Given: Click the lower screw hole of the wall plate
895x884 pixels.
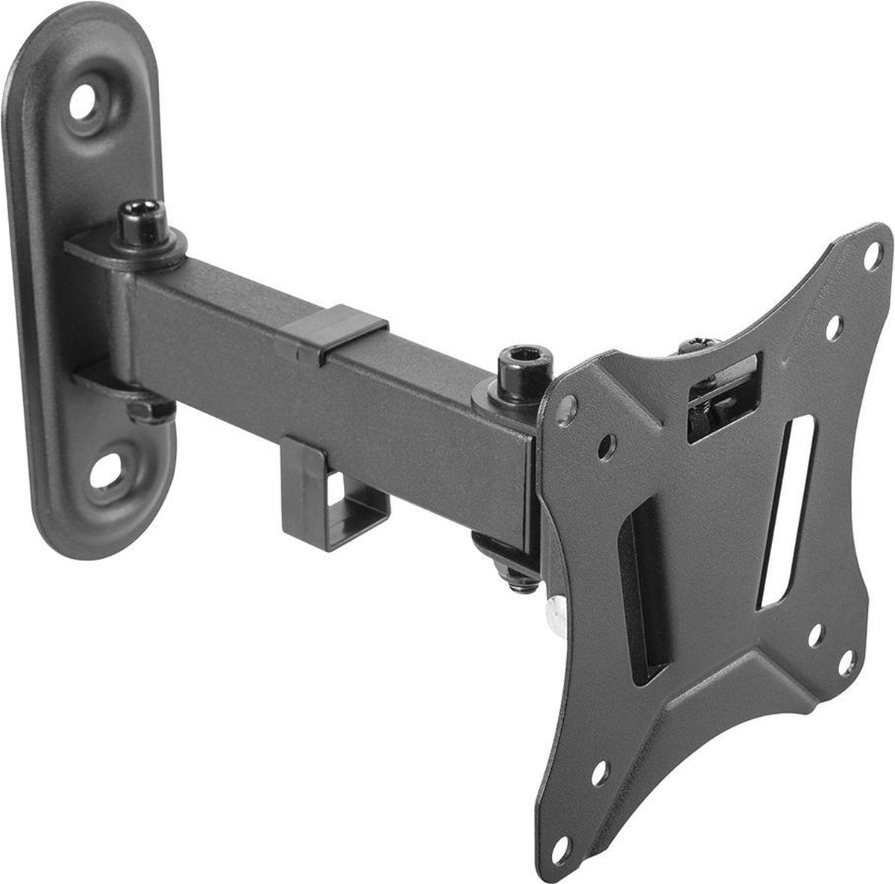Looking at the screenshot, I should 107,469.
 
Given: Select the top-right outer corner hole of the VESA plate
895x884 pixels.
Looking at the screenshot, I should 870,260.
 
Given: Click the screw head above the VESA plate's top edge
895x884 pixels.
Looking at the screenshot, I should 700,345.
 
